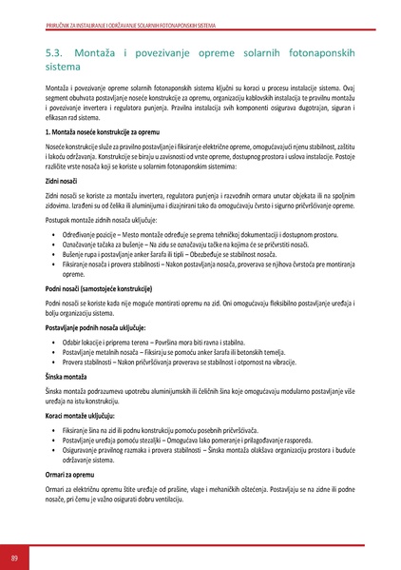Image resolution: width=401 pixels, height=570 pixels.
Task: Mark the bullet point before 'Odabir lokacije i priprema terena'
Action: click(52, 341)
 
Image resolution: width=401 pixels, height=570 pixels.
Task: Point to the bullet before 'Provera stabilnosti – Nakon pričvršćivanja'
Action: click(52, 362)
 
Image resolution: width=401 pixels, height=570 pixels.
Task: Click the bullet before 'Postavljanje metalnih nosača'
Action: click(52, 351)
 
